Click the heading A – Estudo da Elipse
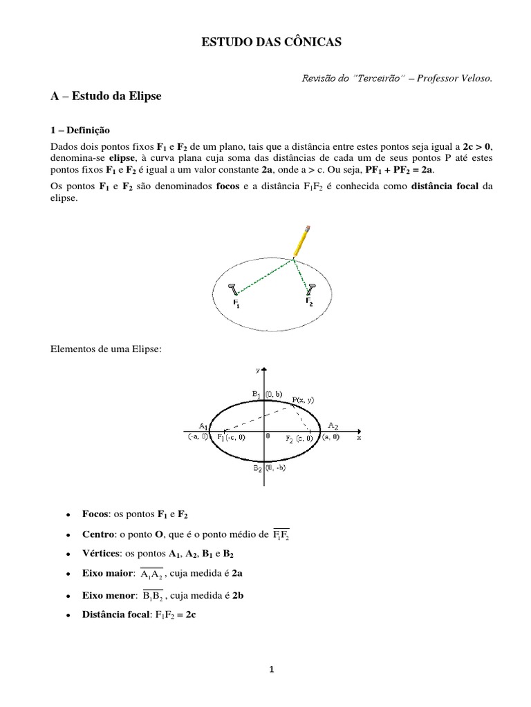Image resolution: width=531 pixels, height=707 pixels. pyautogui.click(x=106, y=97)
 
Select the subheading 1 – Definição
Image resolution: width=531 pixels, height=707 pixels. pyautogui.click(x=80, y=130)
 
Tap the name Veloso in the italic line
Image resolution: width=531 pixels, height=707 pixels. pyautogui.click(x=476, y=78)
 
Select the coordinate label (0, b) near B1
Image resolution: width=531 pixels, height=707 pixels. pyautogui.click(x=272, y=394)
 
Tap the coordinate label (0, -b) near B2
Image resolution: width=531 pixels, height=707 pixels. pyautogui.click(x=274, y=468)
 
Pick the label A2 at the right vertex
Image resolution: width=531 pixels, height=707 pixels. pyautogui.click(x=333, y=425)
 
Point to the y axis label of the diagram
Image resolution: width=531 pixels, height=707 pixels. pyautogui.click(x=257, y=370)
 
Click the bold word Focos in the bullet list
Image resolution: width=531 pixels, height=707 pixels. pyautogui.click(x=95, y=515)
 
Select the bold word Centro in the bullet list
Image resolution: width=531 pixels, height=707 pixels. pyautogui.click(x=97, y=534)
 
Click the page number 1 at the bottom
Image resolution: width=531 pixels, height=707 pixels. pyautogui.click(x=272, y=668)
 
